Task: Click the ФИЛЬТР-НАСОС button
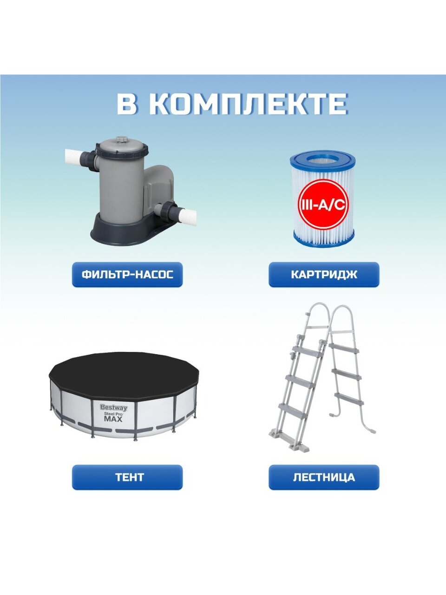coord(127,274)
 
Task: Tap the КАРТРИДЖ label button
coord(324,274)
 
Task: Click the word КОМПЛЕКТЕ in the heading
coord(251,104)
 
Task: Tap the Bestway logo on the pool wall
coord(114,408)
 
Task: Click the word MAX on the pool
coord(113,419)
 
